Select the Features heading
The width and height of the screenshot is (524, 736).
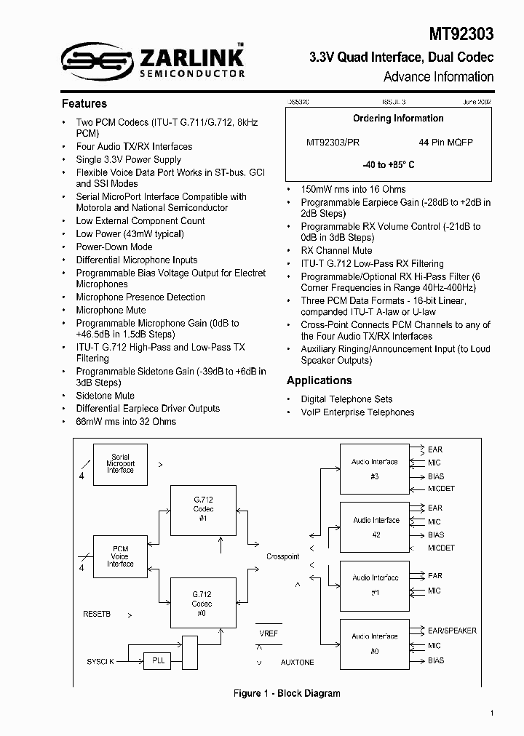click(x=84, y=104)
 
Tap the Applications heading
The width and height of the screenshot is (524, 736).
click(x=319, y=380)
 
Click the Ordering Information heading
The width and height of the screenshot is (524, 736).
click(x=398, y=119)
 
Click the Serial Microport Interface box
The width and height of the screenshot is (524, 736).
click(x=120, y=464)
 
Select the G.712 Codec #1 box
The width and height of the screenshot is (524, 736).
click(x=203, y=510)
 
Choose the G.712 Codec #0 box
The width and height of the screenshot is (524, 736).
click(x=203, y=603)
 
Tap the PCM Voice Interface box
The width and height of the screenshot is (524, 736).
click(x=120, y=556)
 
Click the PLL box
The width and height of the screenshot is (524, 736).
click(x=157, y=661)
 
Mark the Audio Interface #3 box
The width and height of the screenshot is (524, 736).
click(x=374, y=469)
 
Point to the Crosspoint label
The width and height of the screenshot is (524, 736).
click(x=282, y=557)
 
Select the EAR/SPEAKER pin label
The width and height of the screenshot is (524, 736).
click(x=452, y=631)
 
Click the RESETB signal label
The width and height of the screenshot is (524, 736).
click(x=97, y=615)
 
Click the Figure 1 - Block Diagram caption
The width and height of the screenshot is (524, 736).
click(x=287, y=694)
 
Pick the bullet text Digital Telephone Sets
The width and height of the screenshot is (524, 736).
click(x=346, y=399)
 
